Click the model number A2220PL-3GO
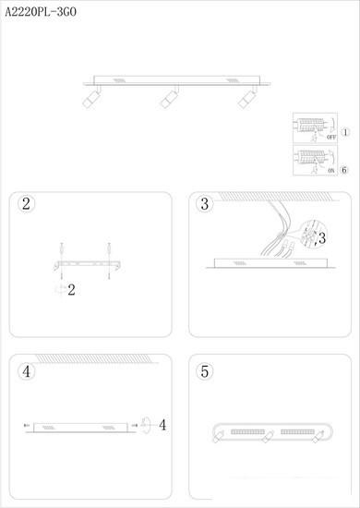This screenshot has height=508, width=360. point(41,12)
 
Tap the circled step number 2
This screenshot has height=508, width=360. point(26,204)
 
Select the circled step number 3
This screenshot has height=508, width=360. point(205,204)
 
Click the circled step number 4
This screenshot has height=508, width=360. point(26,371)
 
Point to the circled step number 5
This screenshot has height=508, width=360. point(205,371)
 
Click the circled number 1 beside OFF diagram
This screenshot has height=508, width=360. point(345,132)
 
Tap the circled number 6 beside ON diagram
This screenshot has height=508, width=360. point(344,170)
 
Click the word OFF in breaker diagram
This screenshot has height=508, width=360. point(331,137)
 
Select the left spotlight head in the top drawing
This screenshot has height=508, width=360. point(91,98)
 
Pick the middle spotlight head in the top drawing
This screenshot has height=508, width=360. point(169,99)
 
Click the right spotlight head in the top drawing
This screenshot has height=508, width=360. point(246,99)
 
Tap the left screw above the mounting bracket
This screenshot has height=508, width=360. point(62,250)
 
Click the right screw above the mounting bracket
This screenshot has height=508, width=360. point(109,250)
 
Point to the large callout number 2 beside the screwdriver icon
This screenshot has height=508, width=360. point(71,290)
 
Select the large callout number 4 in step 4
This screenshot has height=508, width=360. point(162,425)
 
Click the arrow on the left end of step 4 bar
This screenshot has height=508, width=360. point(27,425)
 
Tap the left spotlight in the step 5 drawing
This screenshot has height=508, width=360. point(218,436)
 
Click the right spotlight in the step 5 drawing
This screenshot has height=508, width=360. point(318,436)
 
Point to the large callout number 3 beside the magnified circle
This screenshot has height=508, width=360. point(321,238)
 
